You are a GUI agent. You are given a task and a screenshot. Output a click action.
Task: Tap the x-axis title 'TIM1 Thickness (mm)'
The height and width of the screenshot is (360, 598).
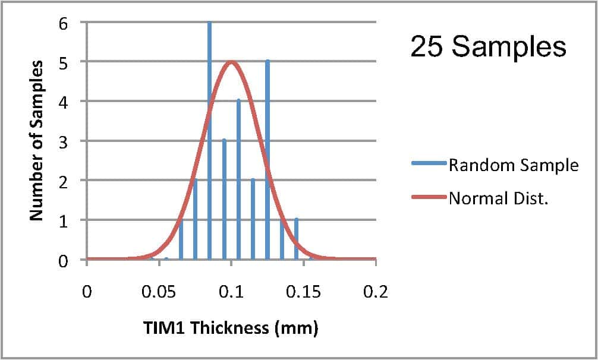pyautogui.click(x=230, y=328)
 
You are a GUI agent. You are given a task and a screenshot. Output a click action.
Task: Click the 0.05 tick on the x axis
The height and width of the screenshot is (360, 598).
pyautogui.click(x=159, y=292)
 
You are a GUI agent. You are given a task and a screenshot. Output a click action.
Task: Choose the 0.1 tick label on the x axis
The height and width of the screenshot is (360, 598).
pyautogui.click(x=231, y=292)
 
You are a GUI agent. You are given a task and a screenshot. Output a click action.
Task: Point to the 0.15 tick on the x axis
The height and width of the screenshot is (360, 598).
pyautogui.click(x=303, y=292)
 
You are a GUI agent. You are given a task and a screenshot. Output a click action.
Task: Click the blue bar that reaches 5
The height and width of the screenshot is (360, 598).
pyautogui.click(x=267, y=160)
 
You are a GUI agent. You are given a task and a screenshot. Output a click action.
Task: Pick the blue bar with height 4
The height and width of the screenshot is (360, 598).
pyautogui.click(x=238, y=178)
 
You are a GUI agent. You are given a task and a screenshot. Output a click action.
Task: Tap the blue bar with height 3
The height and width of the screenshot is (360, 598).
pyautogui.click(x=224, y=199)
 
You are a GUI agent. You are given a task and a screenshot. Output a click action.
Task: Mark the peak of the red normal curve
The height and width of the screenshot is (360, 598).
pyautogui.click(x=231, y=62)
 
